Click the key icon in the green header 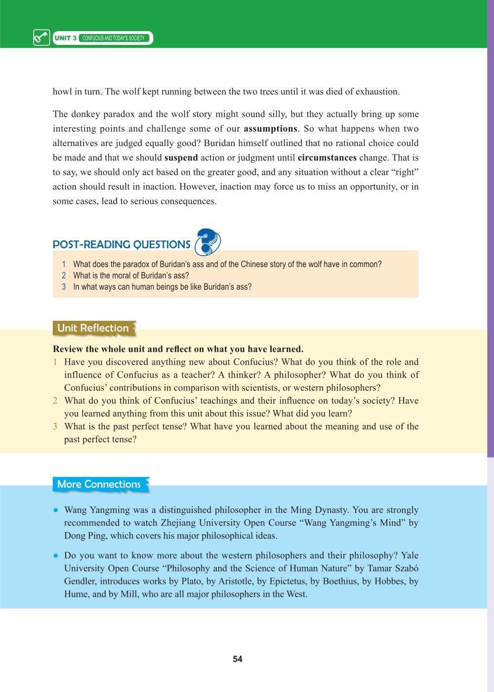click(41, 38)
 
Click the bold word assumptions click(270, 129)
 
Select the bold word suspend click(181, 158)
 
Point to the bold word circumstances click(327, 158)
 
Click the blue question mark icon click(208, 242)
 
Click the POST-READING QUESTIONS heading click(122, 244)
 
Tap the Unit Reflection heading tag click(93, 328)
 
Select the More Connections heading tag click(99, 484)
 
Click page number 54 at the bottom click(238, 659)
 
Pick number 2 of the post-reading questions click(64, 275)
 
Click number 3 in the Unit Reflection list click(55, 426)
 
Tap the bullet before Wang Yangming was click(56, 510)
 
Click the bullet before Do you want click(56, 555)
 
